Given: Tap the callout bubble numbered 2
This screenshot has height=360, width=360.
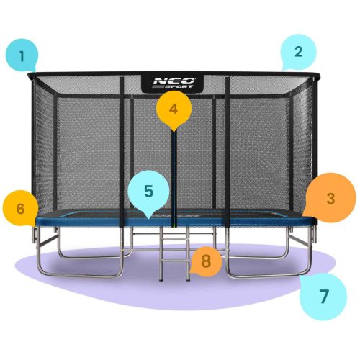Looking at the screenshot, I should click(x=297, y=51).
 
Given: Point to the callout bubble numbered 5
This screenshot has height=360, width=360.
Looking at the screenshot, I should click(x=148, y=192).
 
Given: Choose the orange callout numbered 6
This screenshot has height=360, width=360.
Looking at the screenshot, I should click(x=21, y=210).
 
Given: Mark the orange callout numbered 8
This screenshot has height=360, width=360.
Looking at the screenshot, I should click(x=206, y=261).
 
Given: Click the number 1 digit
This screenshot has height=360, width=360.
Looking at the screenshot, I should click(x=23, y=55).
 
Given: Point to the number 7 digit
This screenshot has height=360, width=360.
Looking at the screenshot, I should click(x=323, y=296).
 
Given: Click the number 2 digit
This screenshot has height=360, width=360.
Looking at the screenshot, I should click(x=298, y=51).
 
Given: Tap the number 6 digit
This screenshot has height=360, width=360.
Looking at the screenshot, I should click(x=21, y=210).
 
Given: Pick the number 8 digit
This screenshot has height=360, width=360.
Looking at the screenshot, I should click(x=206, y=261).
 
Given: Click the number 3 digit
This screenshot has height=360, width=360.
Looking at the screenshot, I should click(x=330, y=197).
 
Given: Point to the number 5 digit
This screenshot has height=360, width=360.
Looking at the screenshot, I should click(x=148, y=192).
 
